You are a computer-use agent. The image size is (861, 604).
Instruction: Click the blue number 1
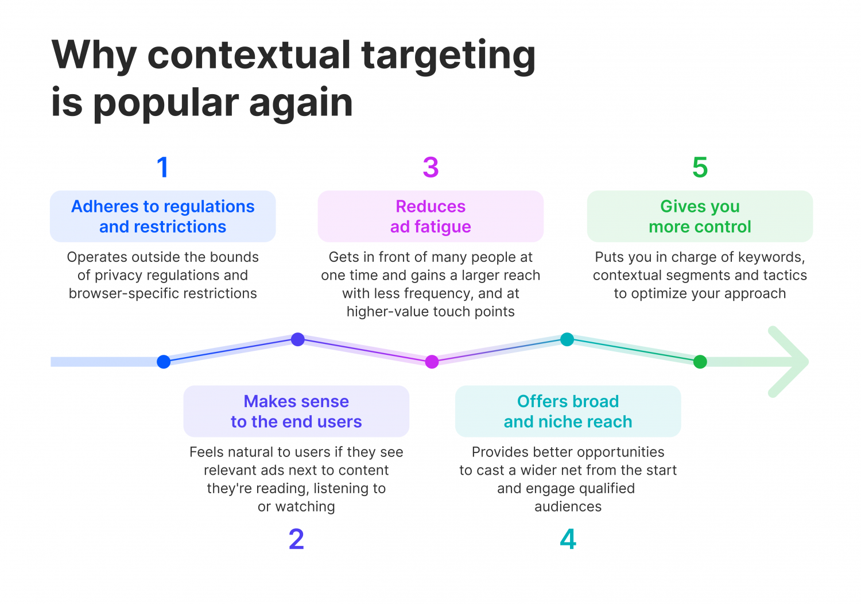click(x=163, y=168)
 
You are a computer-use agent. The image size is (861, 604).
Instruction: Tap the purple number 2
click(x=296, y=539)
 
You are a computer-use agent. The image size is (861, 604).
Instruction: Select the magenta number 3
click(x=430, y=168)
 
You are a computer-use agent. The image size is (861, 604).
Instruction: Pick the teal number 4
click(x=568, y=539)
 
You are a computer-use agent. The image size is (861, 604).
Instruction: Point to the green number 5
click(x=700, y=168)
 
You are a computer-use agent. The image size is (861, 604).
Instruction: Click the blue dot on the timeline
click(x=164, y=362)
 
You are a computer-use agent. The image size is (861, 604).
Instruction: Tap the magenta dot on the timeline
click(x=432, y=362)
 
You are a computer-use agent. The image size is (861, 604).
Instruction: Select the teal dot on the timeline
click(x=567, y=339)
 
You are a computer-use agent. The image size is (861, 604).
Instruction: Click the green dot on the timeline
click(x=700, y=362)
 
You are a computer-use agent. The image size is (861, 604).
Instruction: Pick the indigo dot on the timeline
click(x=297, y=339)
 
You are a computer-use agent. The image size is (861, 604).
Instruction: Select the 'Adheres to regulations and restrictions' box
click(x=163, y=216)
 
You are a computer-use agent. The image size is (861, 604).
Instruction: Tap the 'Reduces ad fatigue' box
click(x=430, y=216)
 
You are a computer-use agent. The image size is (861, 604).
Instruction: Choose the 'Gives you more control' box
click(x=700, y=216)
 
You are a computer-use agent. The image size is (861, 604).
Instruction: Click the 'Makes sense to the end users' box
click(x=296, y=411)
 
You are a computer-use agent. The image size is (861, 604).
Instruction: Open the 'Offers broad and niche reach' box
click(x=568, y=411)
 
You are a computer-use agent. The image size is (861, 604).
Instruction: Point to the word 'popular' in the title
click(x=165, y=104)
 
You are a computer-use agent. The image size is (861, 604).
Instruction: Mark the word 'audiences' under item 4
click(x=568, y=506)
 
